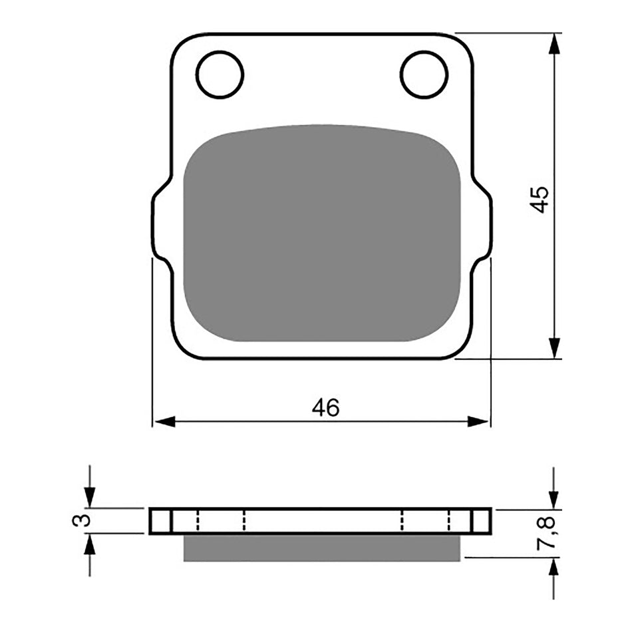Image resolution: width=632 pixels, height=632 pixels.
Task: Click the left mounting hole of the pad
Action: [220, 74]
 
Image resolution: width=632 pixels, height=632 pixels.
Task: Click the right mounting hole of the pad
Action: [424, 74]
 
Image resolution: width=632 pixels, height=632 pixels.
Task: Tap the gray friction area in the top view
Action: [322, 233]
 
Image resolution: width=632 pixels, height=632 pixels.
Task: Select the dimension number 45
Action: [540, 199]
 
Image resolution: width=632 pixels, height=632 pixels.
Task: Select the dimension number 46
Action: [326, 408]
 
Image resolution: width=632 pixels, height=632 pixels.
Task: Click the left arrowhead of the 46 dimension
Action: [164, 421]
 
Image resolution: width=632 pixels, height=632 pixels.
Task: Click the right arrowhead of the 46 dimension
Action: [478, 421]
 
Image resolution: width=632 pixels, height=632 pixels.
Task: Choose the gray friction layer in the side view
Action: [322, 547]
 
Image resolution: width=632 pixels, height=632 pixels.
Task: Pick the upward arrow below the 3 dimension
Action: [90, 545]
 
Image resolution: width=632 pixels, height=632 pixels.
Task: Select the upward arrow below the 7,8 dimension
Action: [553, 569]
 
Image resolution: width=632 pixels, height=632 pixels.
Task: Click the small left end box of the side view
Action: [160, 521]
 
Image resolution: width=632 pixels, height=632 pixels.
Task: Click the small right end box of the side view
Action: [482, 521]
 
